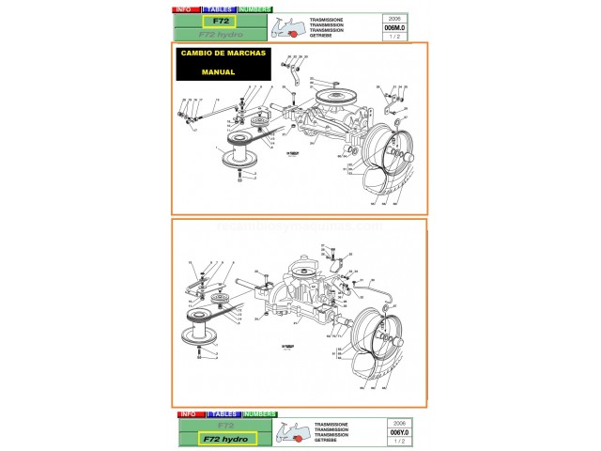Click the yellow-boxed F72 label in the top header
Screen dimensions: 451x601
(221, 20)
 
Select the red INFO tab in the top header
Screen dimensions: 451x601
(185, 8)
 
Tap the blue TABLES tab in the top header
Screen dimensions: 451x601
(222, 8)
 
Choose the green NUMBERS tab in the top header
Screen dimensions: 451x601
(258, 8)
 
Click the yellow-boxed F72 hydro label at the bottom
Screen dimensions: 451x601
(221, 438)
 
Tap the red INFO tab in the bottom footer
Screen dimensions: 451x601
(188, 414)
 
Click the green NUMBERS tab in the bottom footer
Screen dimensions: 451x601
(258, 414)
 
